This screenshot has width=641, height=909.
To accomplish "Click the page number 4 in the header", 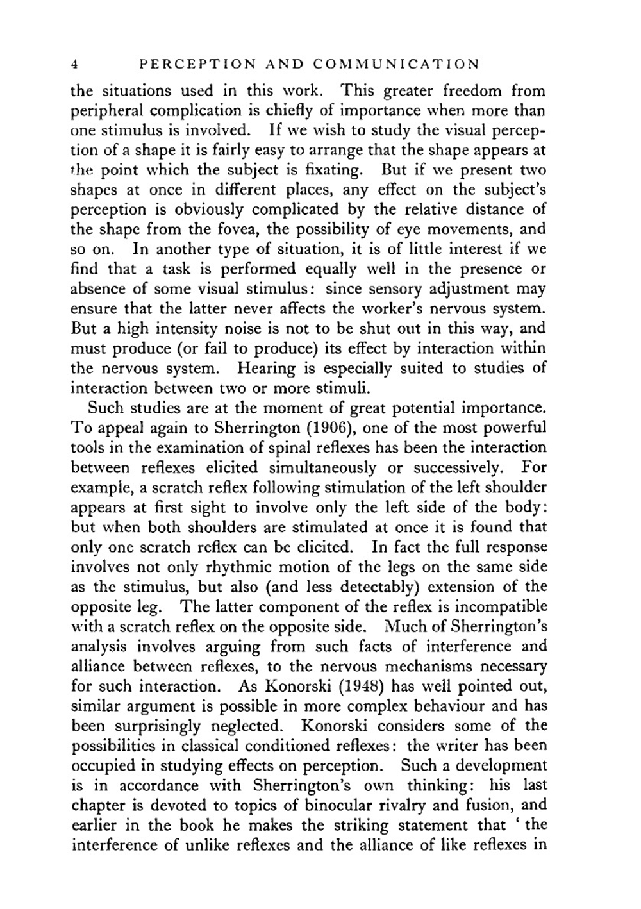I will click(x=74, y=65).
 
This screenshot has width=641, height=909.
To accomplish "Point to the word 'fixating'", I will click(x=328, y=171).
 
